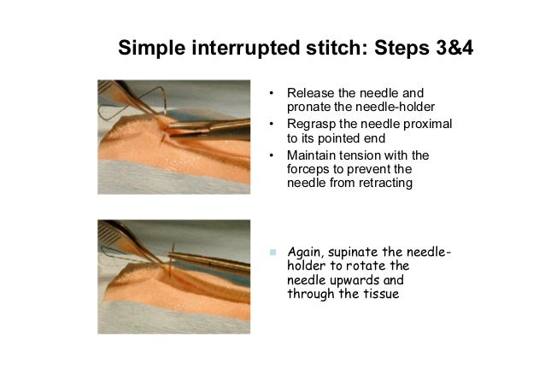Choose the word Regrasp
point(311,125)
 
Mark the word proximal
point(428,125)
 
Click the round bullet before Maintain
point(272,156)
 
